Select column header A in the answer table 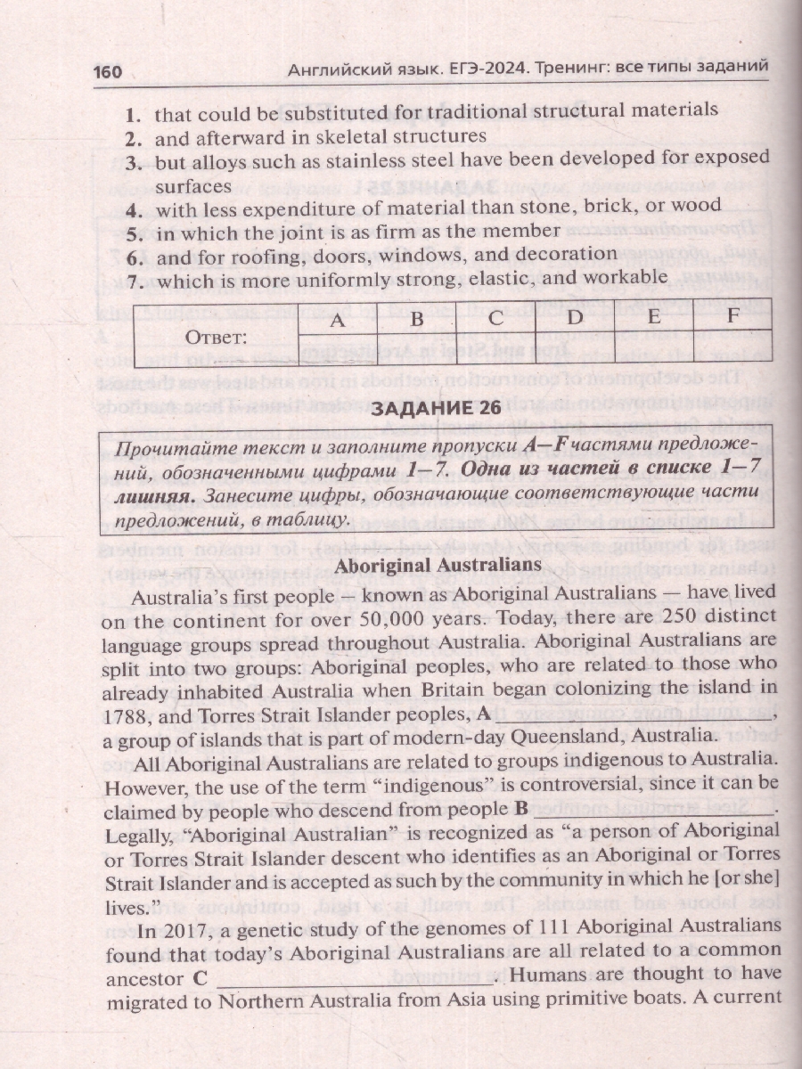coord(337,319)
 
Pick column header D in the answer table coord(577,318)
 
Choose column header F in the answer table coord(732,317)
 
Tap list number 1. coord(134,114)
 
